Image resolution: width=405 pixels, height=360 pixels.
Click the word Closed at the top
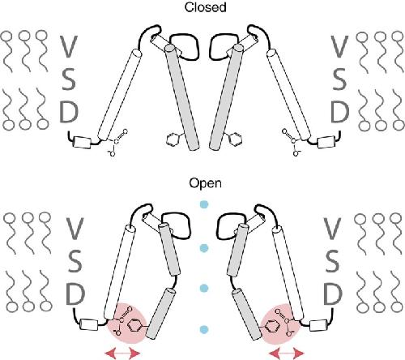coord(205,7)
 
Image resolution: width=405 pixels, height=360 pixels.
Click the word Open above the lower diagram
coord(205,183)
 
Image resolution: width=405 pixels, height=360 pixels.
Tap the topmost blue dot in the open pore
coord(204,204)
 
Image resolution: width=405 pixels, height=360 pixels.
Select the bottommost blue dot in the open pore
coord(204,329)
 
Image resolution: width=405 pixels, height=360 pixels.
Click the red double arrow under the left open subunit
coord(122,353)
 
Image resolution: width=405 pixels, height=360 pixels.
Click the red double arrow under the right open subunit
coord(287,353)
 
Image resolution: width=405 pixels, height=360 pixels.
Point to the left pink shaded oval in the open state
coord(127,324)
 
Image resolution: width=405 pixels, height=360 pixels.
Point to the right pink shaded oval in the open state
coord(281,324)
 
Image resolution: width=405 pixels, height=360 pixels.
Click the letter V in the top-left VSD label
coord(68,46)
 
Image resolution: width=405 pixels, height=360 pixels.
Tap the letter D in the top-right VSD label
coord(339,113)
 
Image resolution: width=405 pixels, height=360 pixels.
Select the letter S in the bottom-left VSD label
coord(74,262)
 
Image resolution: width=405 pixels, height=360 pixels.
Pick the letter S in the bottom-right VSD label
coord(332,262)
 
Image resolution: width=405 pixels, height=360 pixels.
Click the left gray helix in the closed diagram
coord(182,97)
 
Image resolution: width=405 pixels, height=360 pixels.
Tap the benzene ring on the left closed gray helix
coord(172,139)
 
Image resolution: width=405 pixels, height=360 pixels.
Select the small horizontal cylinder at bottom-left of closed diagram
coord(82,143)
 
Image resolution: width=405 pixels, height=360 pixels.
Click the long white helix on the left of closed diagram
coord(120,94)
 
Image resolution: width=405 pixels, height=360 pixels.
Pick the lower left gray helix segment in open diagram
coord(160,314)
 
